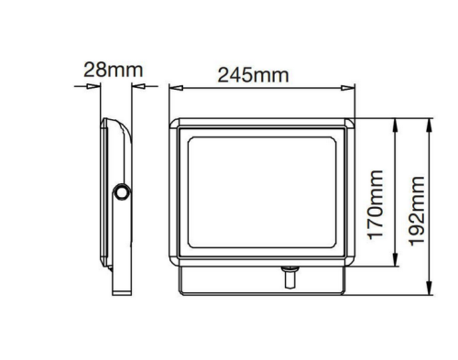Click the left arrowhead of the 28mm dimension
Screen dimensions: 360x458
[94, 87]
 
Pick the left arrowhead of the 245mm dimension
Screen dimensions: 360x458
[174, 88]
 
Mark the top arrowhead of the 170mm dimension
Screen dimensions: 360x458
[396, 122]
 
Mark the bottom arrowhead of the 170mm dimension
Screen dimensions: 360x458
[396, 265]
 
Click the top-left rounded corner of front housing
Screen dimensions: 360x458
[176, 121]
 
